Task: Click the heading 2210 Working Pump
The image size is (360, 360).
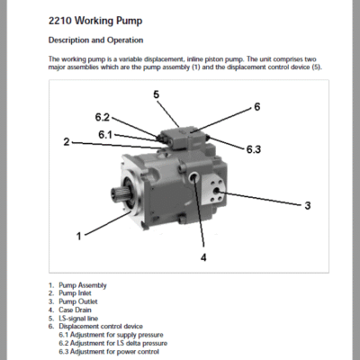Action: (95, 22)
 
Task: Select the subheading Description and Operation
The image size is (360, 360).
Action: (95, 40)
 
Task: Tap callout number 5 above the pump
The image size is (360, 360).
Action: (157, 94)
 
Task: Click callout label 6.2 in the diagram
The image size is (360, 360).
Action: (103, 117)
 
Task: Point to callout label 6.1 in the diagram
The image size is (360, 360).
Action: (105, 135)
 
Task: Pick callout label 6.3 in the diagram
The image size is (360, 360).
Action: (254, 149)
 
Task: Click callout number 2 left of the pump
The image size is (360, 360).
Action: (67, 141)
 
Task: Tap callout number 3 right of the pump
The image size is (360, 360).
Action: (308, 206)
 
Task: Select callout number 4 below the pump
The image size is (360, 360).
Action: (203, 257)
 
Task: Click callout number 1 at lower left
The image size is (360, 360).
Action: (79, 237)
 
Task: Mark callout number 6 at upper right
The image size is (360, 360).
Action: (257, 107)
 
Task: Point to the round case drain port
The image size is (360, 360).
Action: (193, 178)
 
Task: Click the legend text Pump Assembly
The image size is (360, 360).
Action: (83, 285)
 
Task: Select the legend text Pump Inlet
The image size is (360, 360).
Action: (75, 293)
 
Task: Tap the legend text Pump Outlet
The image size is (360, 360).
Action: (78, 301)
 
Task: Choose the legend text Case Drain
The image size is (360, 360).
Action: (75, 310)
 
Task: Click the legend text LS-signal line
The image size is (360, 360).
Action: (78, 319)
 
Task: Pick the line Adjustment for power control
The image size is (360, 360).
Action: (109, 352)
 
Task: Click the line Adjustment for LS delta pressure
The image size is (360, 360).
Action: (113, 343)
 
